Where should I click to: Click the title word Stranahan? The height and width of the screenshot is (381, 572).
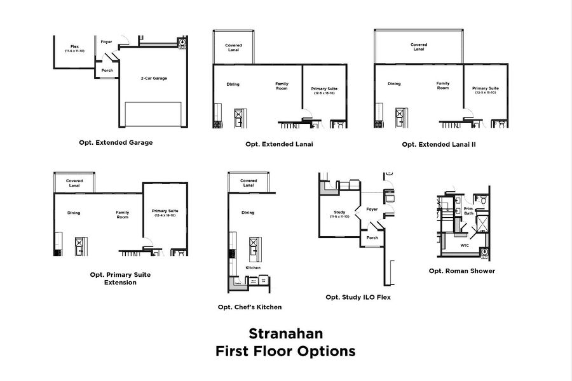point(285,333)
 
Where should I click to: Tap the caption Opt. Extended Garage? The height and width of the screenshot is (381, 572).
point(116,142)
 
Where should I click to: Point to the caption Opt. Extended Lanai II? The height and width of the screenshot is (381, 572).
point(439,144)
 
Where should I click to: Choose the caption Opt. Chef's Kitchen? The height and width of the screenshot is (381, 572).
point(249,307)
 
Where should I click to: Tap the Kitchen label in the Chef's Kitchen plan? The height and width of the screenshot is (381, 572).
point(253,268)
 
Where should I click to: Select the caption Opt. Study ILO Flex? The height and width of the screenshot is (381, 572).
point(358,297)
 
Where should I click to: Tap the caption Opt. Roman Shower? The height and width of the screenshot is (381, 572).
point(461,271)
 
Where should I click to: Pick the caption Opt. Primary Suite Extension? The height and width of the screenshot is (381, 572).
point(120,278)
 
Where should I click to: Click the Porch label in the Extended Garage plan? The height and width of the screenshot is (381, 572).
point(107,70)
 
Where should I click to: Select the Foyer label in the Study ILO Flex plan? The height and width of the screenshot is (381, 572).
point(372,209)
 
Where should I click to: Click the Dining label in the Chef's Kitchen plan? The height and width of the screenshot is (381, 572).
point(249,213)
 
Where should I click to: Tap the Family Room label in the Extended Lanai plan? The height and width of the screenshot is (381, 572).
point(282,86)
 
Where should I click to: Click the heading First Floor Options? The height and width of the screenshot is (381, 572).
point(285,351)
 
